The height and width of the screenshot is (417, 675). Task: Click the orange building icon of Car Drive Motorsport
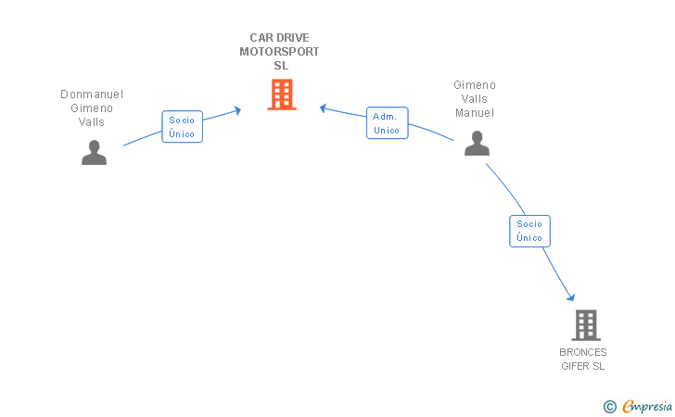(x=282, y=95)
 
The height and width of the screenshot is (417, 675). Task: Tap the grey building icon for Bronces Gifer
(x=586, y=325)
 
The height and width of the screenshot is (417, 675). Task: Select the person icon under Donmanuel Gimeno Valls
(x=94, y=152)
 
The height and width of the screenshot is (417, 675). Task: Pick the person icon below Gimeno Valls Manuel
(x=477, y=144)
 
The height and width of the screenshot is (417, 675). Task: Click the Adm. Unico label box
(x=387, y=123)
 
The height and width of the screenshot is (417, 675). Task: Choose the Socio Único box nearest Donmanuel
(x=182, y=127)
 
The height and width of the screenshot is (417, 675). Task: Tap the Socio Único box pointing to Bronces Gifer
(x=529, y=231)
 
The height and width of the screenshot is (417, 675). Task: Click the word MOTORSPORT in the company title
(x=279, y=52)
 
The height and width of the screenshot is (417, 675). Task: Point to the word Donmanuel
(x=92, y=95)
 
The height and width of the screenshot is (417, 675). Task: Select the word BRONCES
(x=583, y=352)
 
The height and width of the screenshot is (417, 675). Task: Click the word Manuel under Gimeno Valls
(x=475, y=113)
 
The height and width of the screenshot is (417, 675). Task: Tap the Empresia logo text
(x=647, y=406)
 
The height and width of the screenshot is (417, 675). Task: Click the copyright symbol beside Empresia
(x=609, y=407)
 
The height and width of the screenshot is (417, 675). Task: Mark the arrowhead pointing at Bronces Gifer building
(x=571, y=297)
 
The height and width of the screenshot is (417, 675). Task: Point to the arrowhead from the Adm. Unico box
(x=323, y=108)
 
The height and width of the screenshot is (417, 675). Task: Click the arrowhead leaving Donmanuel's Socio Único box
(x=237, y=110)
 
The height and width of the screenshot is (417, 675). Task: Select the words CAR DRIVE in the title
(x=279, y=38)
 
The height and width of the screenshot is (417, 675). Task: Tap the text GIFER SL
(x=583, y=366)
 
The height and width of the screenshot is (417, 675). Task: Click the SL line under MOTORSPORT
(x=281, y=66)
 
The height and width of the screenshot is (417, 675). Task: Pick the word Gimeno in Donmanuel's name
(x=92, y=108)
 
